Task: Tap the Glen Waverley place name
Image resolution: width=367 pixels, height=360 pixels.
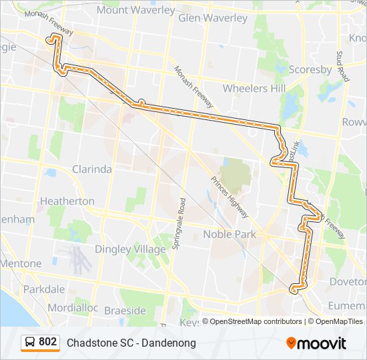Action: pyautogui.click(x=213, y=18)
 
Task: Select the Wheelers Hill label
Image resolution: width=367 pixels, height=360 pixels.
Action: pyautogui.click(x=254, y=88)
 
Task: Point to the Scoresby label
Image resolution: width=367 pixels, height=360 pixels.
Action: pyautogui.click(x=310, y=69)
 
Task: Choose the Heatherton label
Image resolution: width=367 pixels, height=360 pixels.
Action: pyautogui.click(x=67, y=201)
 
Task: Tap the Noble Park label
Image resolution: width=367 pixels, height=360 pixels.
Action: pyautogui.click(x=230, y=234)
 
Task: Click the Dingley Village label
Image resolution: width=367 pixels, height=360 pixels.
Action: pyautogui.click(x=130, y=249)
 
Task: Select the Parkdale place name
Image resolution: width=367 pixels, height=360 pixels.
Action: pyautogui.click(x=44, y=289)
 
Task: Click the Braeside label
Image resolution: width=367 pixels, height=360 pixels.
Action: pyautogui.click(x=124, y=311)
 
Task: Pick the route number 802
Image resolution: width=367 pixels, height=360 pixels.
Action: pyautogui.click(x=47, y=342)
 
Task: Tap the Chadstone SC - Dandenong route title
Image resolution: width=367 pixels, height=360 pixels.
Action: pyautogui.click(x=131, y=343)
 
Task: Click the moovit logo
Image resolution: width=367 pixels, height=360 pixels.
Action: pyautogui.click(x=316, y=343)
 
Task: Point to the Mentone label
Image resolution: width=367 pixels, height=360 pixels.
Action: pyautogui.click(x=20, y=264)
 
